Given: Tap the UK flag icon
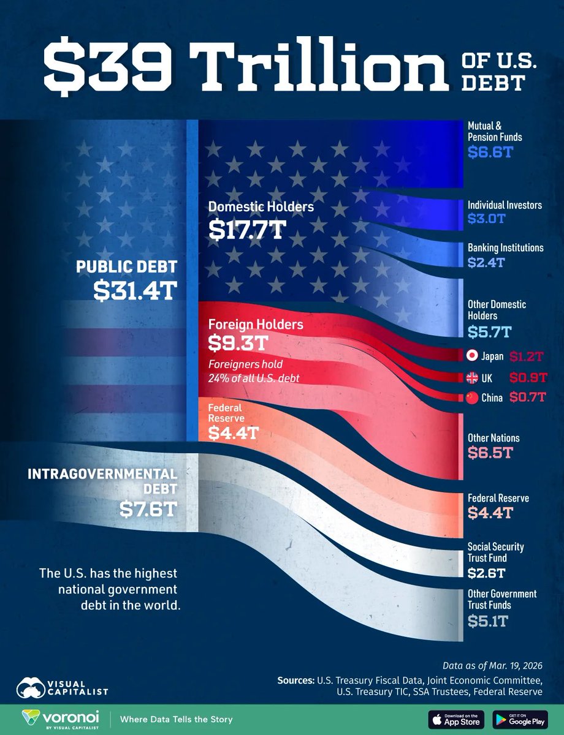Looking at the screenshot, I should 472,377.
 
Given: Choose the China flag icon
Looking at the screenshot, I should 472,398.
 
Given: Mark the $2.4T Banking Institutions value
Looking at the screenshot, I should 488,262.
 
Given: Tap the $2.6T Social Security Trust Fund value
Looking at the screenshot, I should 488,573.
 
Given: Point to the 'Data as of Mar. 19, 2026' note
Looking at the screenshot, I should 492,665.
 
